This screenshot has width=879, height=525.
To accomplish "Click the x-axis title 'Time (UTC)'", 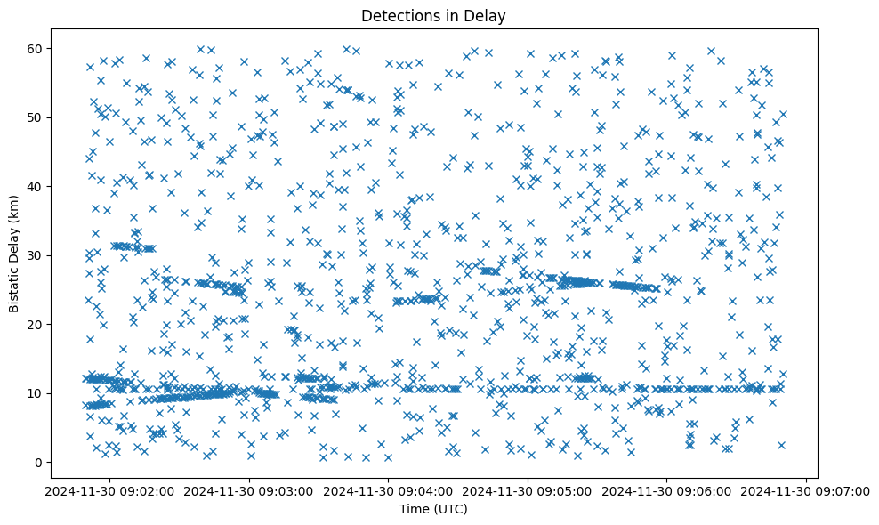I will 433,510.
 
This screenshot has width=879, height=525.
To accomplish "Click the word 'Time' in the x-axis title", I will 415,510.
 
